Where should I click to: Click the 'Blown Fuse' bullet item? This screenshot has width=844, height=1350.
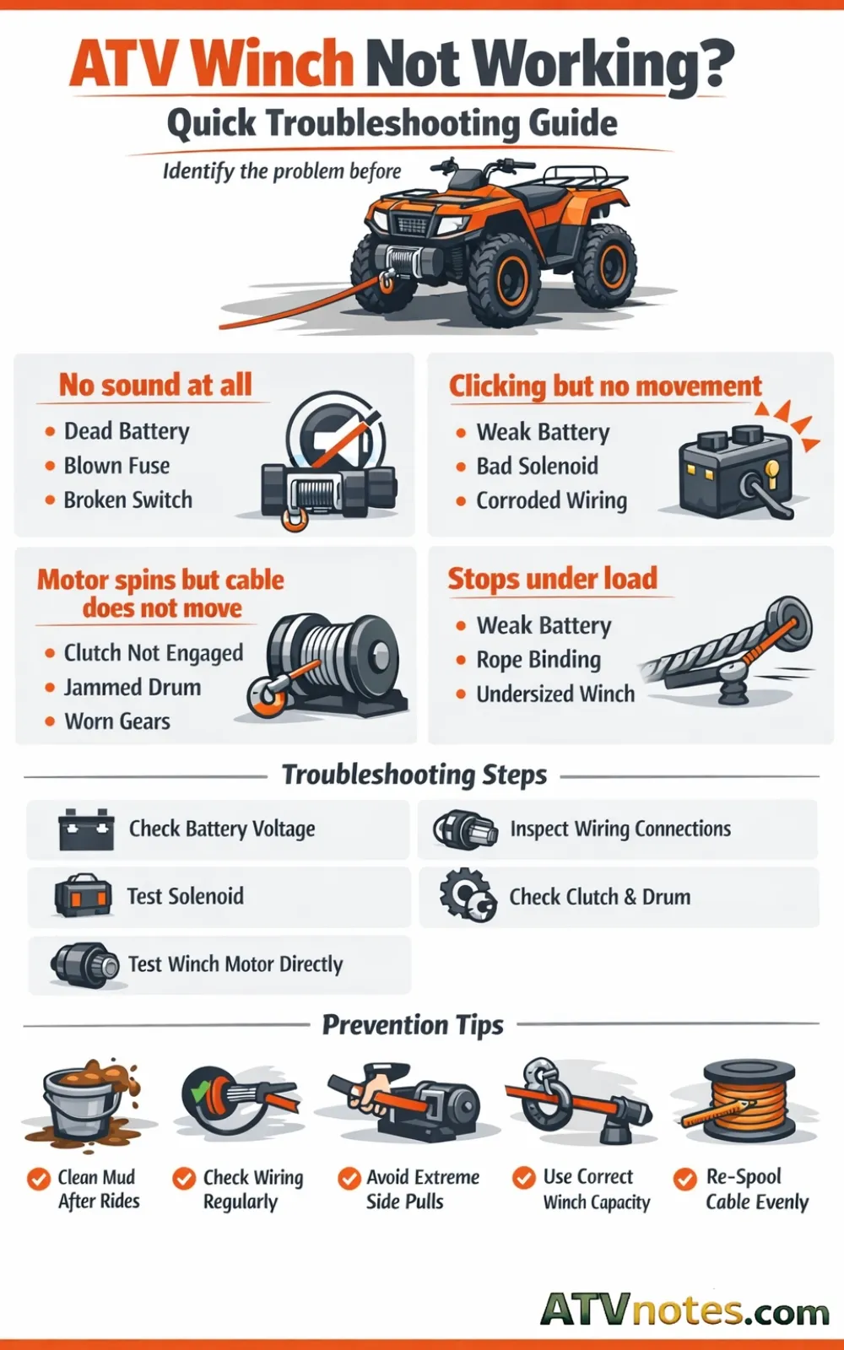pos(116,466)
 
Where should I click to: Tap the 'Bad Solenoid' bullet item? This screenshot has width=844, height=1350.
pos(537,466)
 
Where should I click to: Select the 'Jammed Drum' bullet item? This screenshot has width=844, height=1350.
pos(133,688)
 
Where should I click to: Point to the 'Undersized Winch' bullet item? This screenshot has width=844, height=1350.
pos(555,694)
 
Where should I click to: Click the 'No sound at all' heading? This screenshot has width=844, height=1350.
pos(155,385)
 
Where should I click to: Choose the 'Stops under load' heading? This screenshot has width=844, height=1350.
pos(552,579)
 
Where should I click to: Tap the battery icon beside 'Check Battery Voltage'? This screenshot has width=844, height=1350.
pos(86,829)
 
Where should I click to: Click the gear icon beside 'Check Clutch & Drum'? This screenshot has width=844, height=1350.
pos(468,895)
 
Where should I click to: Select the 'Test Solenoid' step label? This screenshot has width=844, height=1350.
pos(185,896)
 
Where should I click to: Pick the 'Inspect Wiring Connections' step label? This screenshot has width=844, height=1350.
pos(620,829)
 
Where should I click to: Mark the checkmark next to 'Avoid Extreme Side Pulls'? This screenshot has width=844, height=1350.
pos(349,1178)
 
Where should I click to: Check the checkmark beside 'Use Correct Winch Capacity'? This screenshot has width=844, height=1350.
pos(524,1178)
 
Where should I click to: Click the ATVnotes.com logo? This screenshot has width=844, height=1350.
pos(684,1309)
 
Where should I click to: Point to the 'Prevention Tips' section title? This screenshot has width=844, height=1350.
pos(413,1025)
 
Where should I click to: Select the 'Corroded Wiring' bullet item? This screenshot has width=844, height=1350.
pos(551,500)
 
